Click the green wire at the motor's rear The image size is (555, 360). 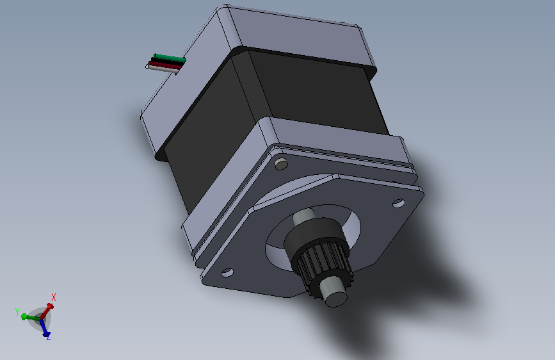(170, 58)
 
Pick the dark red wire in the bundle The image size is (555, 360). (165, 65)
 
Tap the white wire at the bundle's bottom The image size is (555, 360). (162, 69)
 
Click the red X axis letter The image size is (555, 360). (54, 297)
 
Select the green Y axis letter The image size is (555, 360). (17, 312)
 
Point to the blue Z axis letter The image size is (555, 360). (49, 336)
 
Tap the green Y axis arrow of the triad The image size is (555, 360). (31, 317)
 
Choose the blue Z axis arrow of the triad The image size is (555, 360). (45, 328)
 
